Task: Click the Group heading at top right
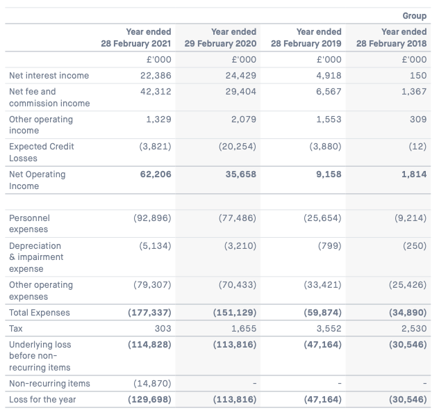[x=415, y=16]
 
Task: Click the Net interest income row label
[x=49, y=75]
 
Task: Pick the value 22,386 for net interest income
[x=156, y=75]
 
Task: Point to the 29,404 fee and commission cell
[x=241, y=91]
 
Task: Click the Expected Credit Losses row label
[x=42, y=152]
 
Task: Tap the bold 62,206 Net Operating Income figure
[x=156, y=174]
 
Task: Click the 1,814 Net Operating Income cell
[x=414, y=174]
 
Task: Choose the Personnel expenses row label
[x=29, y=223]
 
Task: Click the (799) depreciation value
[x=329, y=246]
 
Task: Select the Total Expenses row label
[x=40, y=312]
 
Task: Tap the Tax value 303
[x=163, y=328]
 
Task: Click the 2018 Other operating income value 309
[x=418, y=119]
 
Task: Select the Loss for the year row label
[x=42, y=399]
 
